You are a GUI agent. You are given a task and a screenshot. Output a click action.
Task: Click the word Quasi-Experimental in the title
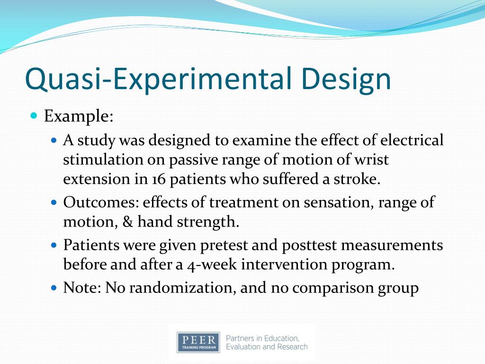158,79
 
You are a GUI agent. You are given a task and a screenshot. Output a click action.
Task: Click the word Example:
79,117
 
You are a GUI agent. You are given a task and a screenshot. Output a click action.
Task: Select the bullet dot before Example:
34,116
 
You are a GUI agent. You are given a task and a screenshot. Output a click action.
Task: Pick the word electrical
412,140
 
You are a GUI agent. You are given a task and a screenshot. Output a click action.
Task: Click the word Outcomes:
101,202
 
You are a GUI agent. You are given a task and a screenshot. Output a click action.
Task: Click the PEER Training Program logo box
198,342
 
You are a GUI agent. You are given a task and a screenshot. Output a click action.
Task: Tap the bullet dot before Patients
54,245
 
